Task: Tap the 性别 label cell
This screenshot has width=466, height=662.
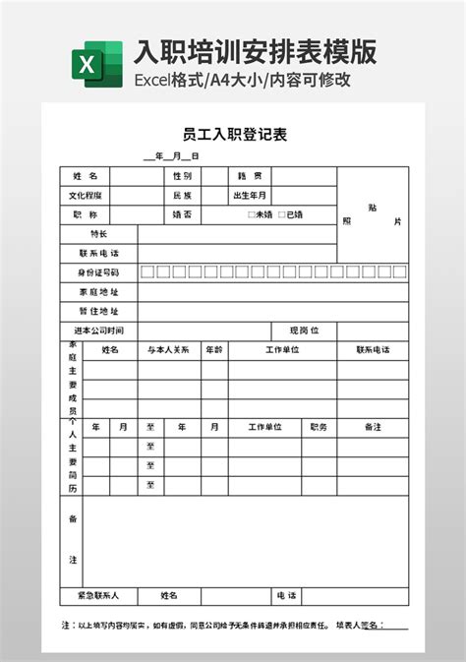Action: point(182,176)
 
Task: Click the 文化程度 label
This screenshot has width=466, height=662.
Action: point(85,195)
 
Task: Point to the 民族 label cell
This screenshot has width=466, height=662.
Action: point(182,195)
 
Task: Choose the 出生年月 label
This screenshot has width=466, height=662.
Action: point(249,195)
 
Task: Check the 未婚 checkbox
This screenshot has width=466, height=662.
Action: point(252,214)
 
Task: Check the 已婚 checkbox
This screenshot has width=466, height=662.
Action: point(282,214)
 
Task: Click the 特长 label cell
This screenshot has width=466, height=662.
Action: point(98,233)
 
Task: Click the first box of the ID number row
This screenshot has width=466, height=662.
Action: point(147,271)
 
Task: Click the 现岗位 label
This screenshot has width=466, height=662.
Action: point(304,330)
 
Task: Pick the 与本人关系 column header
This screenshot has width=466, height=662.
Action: point(168,349)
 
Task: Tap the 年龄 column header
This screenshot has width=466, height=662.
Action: point(213,349)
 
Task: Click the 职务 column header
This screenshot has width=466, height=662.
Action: point(319,427)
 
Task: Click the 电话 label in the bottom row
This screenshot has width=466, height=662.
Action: point(286,595)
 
